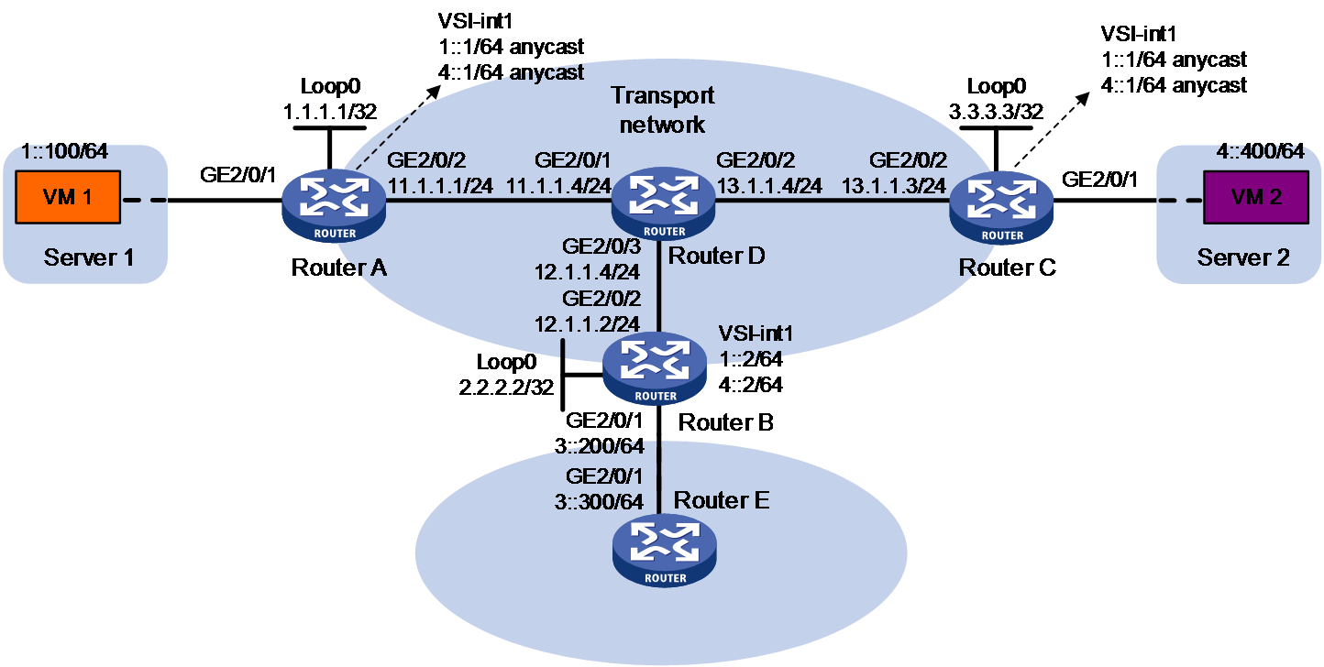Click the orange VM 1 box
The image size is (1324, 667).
tap(68, 197)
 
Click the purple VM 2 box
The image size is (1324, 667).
tap(1256, 197)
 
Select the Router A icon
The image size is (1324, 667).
tap(334, 206)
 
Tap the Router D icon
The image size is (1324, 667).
tap(663, 203)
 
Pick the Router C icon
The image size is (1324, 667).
tap(1001, 207)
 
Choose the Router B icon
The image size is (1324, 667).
tap(655, 368)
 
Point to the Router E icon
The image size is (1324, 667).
tap(665, 551)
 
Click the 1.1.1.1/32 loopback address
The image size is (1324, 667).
tap(330, 112)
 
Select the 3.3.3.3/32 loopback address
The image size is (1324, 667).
tap(996, 112)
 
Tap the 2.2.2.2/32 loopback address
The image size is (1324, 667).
tap(506, 388)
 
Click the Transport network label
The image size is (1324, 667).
tap(663, 110)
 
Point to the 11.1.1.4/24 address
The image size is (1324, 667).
tap(558, 186)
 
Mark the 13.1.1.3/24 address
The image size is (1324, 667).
tap(894, 186)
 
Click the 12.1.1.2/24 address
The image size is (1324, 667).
tap(587, 324)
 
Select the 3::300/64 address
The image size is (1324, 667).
tap(599, 502)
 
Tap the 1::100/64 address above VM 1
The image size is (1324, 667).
tap(64, 152)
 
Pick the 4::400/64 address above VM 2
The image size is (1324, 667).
tap(1260, 152)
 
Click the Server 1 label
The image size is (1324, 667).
tap(89, 257)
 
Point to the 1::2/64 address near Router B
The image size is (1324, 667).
tap(751, 359)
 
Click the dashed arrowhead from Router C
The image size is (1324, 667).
tap(1083, 99)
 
